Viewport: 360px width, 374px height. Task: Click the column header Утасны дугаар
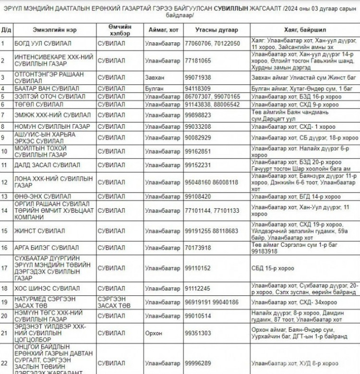216,30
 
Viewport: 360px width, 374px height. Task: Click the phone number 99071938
197,77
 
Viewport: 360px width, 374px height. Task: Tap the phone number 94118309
197,88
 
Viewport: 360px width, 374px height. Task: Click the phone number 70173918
197,248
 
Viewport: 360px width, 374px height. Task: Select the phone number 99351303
197,333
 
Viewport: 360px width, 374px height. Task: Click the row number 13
5,197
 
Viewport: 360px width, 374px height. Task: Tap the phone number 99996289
197,363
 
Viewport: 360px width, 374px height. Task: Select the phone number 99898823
197,115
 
